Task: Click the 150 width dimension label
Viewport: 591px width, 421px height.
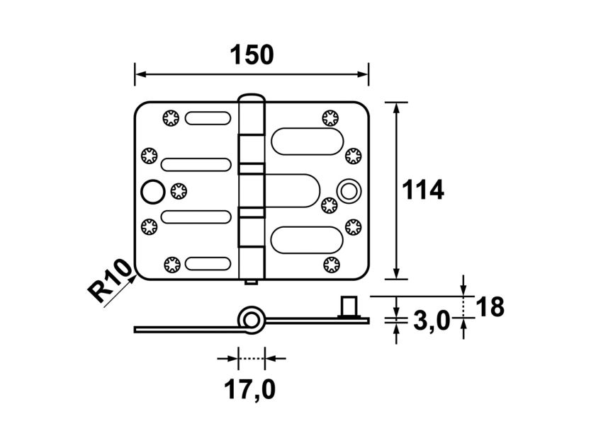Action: click(x=252, y=54)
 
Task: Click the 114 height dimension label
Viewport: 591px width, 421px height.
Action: click(x=422, y=190)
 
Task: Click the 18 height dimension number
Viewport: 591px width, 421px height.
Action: click(x=490, y=307)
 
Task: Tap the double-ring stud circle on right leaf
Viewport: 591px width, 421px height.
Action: click(x=349, y=190)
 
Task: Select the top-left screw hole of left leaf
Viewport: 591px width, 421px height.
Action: click(x=170, y=118)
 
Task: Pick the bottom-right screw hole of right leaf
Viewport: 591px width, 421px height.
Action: click(x=330, y=265)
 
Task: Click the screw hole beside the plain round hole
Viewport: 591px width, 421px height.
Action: click(x=178, y=190)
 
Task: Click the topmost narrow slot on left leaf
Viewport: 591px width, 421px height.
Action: click(x=208, y=118)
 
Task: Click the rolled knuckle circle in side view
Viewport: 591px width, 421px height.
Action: click(x=251, y=319)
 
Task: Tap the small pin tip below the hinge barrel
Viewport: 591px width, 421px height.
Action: click(x=251, y=282)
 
